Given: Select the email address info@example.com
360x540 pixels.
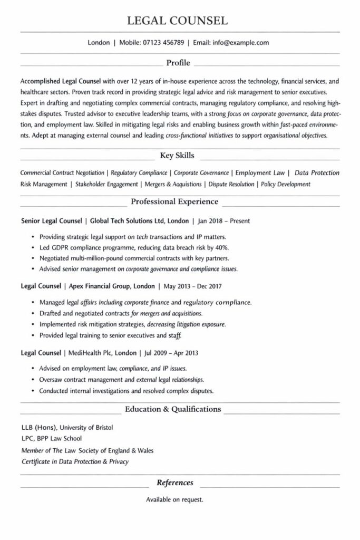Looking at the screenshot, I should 241,43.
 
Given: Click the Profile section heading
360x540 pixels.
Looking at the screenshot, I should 178,63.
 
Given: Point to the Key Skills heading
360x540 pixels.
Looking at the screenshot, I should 177,156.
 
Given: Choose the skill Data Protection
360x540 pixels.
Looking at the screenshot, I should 317,172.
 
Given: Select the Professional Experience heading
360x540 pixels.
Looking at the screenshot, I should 174,201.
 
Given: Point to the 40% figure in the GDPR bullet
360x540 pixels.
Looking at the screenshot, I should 222,247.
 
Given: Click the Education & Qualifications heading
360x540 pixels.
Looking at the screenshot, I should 173,409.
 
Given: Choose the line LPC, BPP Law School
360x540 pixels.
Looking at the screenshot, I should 52,438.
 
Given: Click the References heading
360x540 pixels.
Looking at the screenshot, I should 175,483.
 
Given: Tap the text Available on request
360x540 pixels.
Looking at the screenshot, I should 174,499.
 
